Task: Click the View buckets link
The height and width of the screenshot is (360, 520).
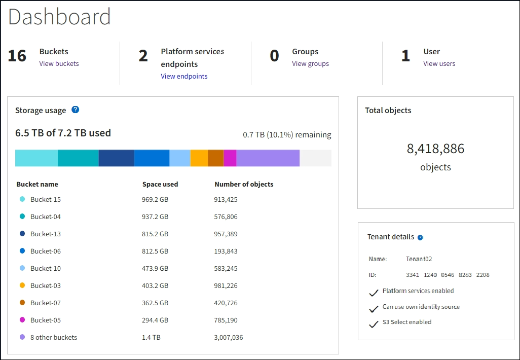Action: [x=59, y=64]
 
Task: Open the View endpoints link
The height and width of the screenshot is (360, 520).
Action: [x=184, y=77]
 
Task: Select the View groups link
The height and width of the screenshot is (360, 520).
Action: [x=310, y=64]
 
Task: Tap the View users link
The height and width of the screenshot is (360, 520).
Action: [x=439, y=64]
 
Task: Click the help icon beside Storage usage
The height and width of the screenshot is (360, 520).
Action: [x=75, y=110]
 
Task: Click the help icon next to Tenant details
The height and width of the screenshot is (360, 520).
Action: [x=420, y=237]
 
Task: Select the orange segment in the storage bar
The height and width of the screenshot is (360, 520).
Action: [x=199, y=158]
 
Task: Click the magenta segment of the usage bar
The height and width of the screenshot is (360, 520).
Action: [x=230, y=158]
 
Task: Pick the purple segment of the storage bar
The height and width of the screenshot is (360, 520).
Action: [x=268, y=158]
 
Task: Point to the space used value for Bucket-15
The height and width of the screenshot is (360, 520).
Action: [x=155, y=200]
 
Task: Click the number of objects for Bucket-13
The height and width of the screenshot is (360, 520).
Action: [x=226, y=234]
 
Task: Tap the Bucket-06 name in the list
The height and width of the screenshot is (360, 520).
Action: [x=46, y=251]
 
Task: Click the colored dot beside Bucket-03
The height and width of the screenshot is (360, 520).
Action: [x=22, y=286]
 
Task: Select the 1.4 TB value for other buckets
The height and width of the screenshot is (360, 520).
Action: [x=151, y=338]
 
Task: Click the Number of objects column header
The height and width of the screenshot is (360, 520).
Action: [x=244, y=185]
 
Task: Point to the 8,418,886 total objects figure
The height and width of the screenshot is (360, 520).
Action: [x=435, y=149]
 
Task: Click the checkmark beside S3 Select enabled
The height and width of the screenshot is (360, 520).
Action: [x=374, y=323]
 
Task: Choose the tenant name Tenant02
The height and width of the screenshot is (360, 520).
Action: [x=419, y=259]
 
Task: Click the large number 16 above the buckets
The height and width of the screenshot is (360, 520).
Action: [x=17, y=56]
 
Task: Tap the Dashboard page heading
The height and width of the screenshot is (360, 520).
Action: [x=59, y=17]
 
